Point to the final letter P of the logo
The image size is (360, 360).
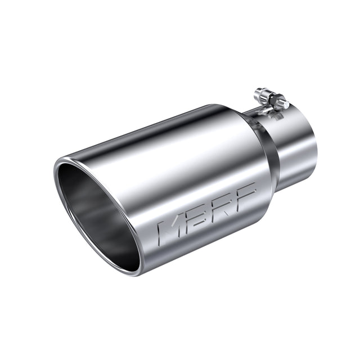click(x=246, y=193)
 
